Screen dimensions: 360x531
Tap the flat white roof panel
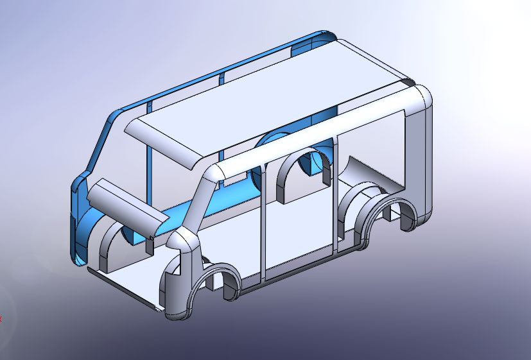(x=270, y=109)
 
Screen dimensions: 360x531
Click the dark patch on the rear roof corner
(x=408, y=83)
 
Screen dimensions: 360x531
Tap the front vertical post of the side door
(x=263, y=225)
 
